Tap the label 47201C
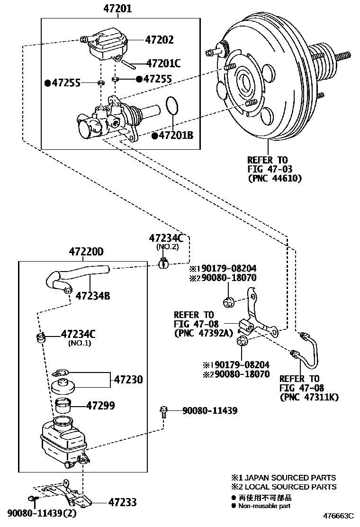(164, 63)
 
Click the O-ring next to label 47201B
(172, 105)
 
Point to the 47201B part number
(176, 136)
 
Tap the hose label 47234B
(92, 296)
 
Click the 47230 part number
(128, 380)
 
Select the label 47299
(100, 406)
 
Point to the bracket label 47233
(122, 502)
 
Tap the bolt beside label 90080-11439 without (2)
(164, 411)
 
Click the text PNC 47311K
(309, 397)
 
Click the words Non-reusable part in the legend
(264, 506)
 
